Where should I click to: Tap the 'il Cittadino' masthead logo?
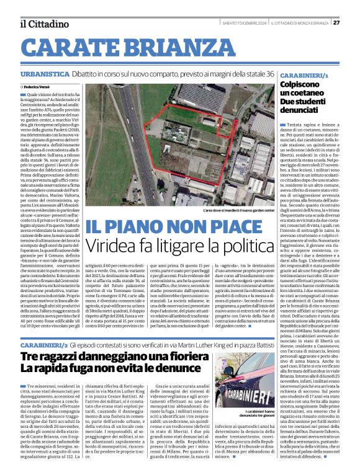44,24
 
